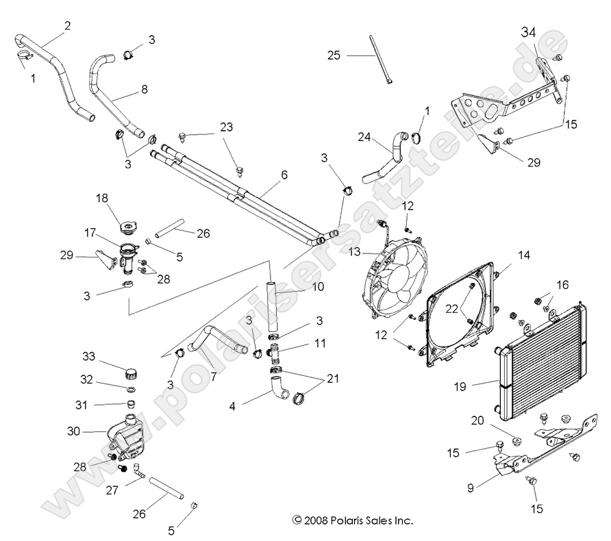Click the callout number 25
[x=334, y=55]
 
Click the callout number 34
[x=529, y=32]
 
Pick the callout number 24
[x=363, y=137]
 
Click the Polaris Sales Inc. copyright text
[x=352, y=520]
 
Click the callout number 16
[x=562, y=284]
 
